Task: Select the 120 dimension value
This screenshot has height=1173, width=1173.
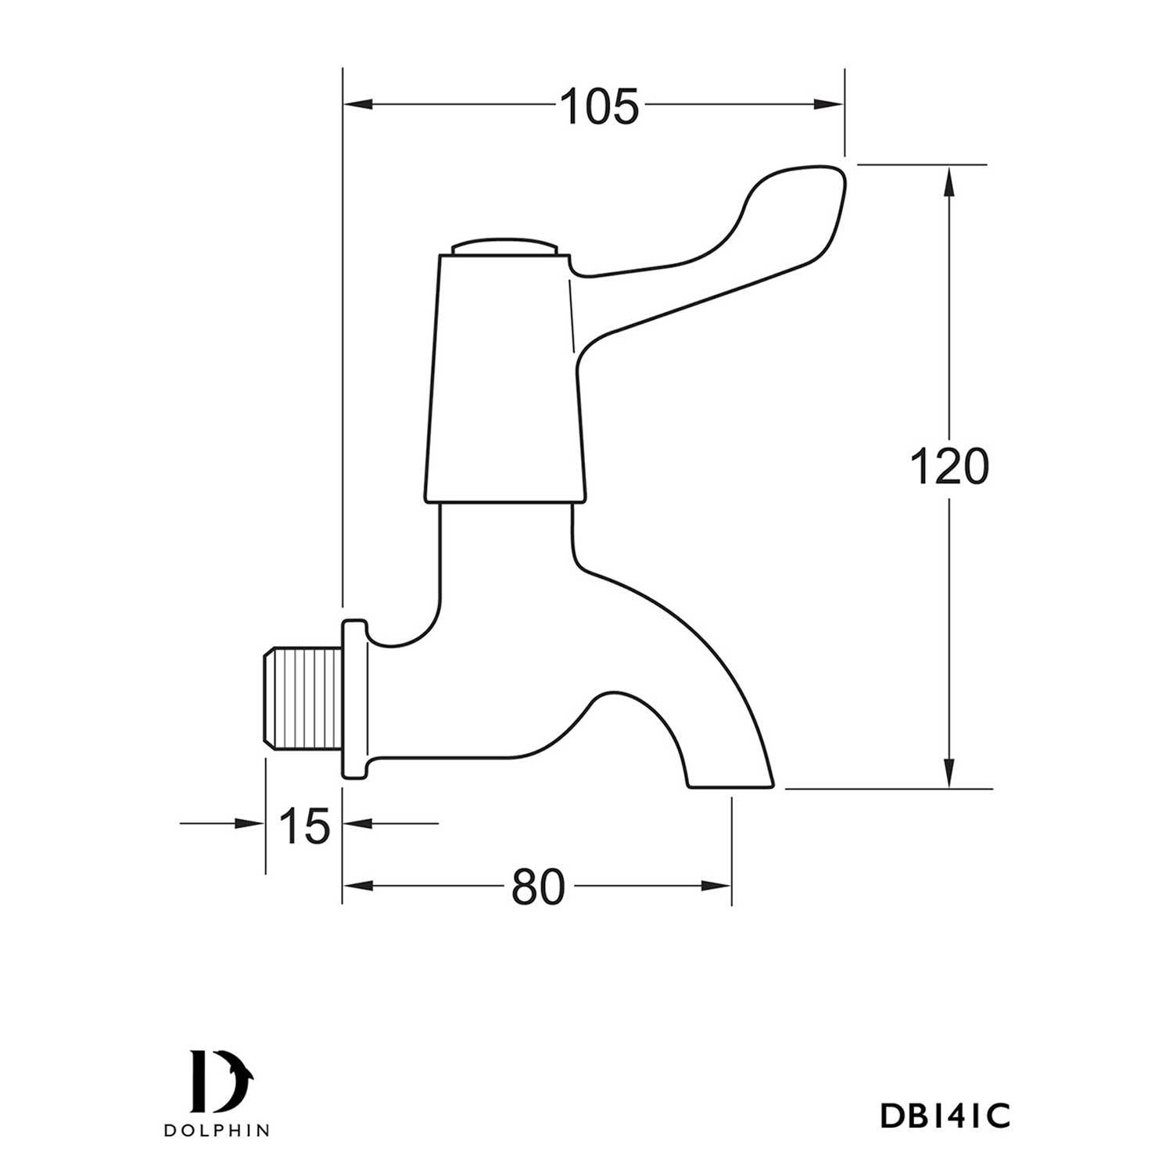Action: (949, 468)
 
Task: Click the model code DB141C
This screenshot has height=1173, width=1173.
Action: (945, 1117)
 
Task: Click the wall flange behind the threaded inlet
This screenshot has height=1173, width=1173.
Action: (353, 700)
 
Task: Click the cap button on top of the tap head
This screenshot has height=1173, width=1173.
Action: (504, 247)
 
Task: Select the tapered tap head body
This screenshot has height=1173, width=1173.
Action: (504, 375)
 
